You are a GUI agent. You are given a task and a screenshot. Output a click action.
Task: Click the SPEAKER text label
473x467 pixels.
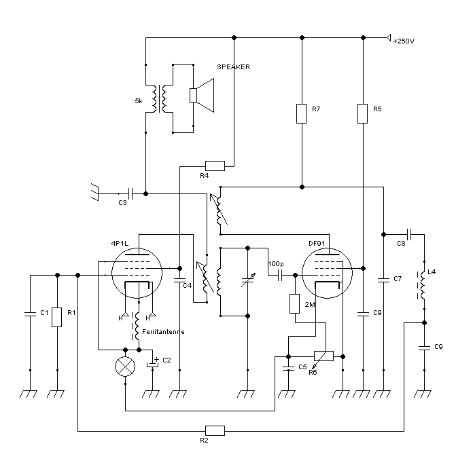233,67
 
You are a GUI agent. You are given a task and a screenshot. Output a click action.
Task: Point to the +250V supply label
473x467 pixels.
404,41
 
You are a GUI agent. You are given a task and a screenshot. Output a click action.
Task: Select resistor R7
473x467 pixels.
301,113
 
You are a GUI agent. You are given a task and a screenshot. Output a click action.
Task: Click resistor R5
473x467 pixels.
363,113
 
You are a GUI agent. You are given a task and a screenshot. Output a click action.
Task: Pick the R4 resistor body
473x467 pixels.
215,165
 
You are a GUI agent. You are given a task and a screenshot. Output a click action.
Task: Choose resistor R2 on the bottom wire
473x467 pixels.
215,430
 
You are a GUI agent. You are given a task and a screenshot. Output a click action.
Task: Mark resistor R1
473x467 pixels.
57,317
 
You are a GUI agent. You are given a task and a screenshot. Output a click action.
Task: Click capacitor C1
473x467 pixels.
30,314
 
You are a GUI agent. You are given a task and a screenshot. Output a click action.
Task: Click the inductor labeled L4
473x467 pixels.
423,286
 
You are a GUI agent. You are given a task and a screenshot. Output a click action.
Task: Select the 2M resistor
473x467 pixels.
295,303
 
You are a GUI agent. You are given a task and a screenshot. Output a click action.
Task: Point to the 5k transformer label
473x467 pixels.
139,101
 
